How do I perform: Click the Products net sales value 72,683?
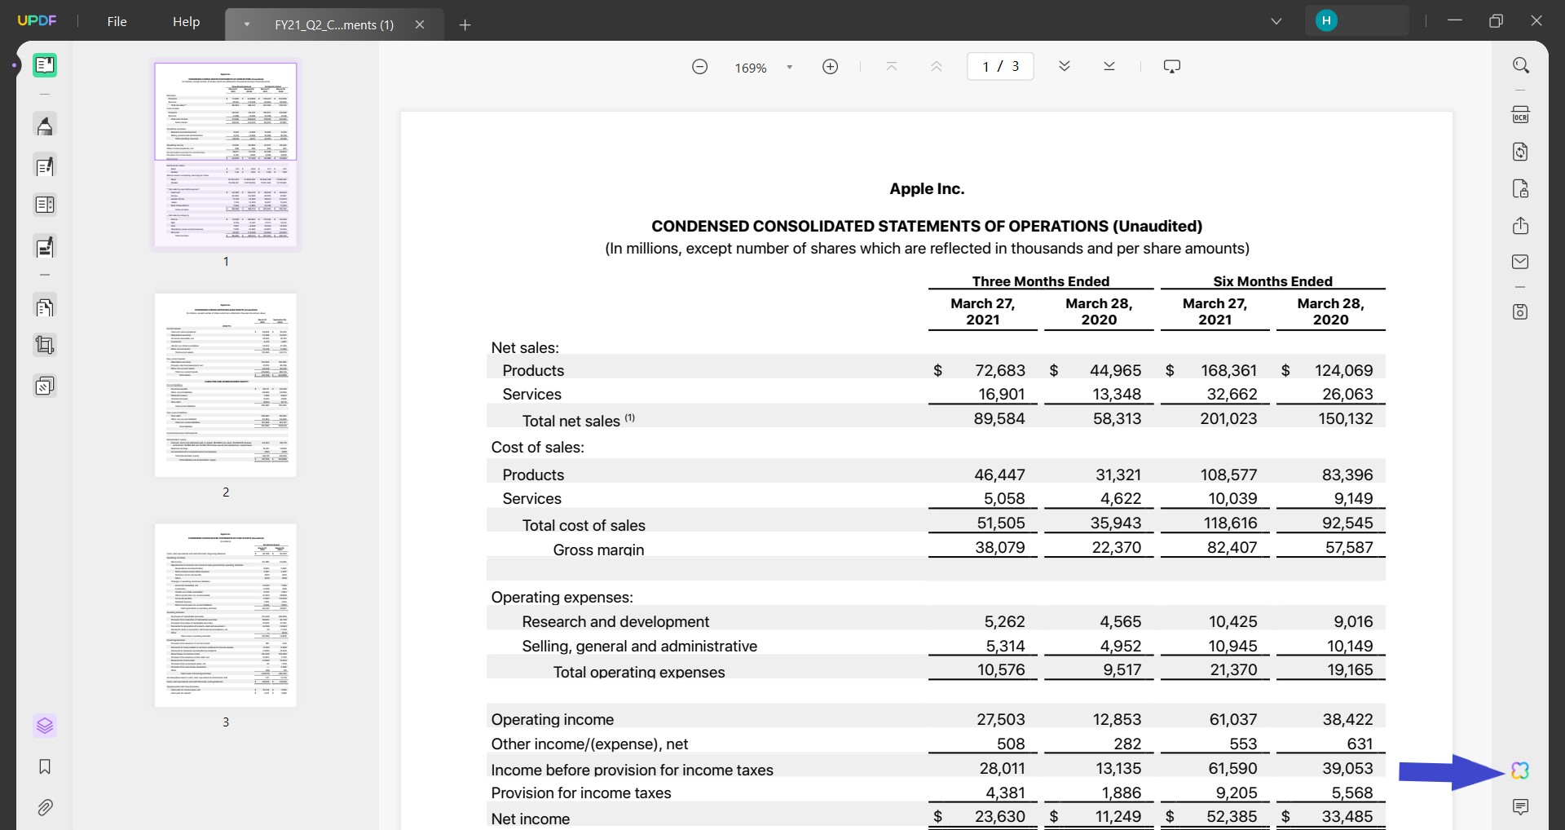[999, 371]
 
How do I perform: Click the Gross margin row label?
[597, 550]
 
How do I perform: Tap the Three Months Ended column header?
[1040, 281]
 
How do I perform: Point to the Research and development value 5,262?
[1003, 621]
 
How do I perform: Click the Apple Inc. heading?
[927, 189]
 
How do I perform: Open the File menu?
[117, 22]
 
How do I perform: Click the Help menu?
[186, 22]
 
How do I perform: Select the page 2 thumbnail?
[226, 385]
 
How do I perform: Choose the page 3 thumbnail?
[226, 616]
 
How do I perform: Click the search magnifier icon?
[1520, 65]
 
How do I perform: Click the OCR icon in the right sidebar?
[1520, 115]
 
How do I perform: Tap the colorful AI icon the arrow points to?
[1519, 770]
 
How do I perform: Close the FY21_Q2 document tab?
[420, 24]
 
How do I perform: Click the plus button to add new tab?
[465, 24]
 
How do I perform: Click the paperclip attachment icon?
[45, 807]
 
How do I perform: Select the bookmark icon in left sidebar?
[45, 766]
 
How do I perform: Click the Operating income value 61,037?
[1232, 719]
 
